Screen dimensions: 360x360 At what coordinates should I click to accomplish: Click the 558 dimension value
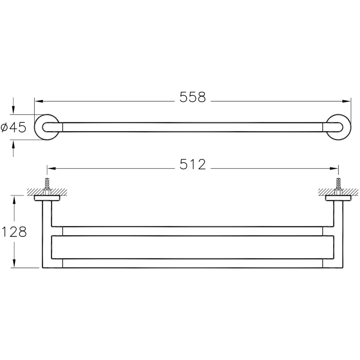(x=192, y=97)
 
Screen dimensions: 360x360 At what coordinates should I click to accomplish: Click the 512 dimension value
(x=192, y=165)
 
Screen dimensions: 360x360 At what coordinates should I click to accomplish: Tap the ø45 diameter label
(x=13, y=127)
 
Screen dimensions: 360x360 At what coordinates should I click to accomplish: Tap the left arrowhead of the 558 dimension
(x=39, y=101)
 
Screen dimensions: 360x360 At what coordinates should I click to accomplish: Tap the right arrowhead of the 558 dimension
(x=347, y=101)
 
